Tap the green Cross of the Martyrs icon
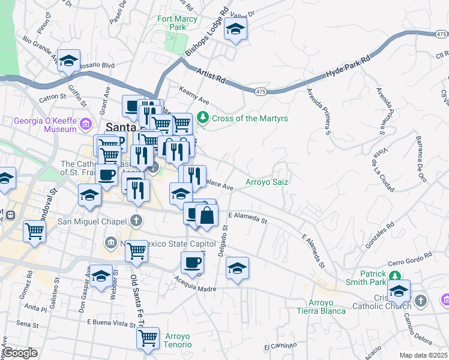pos(204,117)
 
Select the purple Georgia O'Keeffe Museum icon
pos(86,124)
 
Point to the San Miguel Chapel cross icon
pos(137,220)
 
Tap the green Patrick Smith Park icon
pos(394,276)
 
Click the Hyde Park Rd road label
pos(348,67)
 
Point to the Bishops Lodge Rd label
pos(207,32)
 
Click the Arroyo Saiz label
pos(267,182)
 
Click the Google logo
pos(20,352)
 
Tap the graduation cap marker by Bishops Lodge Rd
pos(236,29)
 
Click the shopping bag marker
pos(206,216)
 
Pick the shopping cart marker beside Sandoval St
pos(35,230)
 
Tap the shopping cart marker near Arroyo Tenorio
pos(148,337)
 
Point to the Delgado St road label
pos(223,244)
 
